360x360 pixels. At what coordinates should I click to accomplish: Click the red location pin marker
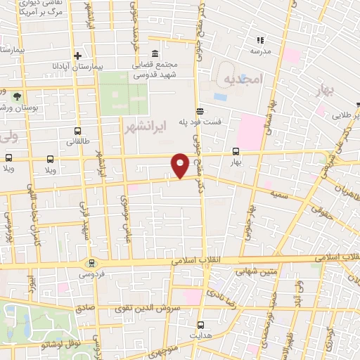pos(180,165)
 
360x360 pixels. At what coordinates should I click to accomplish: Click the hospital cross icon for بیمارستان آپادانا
pos(77,56)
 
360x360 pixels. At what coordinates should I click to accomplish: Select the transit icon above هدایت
pos(200,324)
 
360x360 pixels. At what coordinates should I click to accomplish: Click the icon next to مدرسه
pos(259,40)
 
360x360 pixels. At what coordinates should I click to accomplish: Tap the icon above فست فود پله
pos(200,110)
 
